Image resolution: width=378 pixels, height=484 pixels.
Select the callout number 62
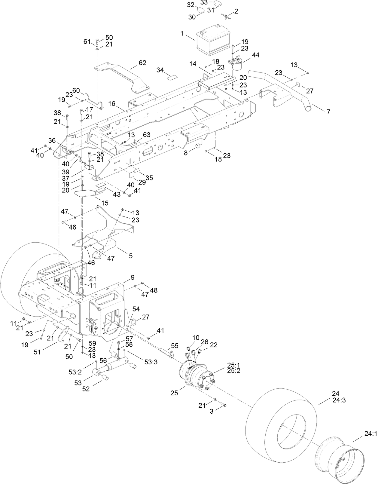(142, 63)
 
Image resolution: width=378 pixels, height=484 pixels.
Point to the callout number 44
(256, 55)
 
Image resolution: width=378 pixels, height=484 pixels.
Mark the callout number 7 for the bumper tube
(328, 112)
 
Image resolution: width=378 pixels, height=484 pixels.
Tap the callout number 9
(133, 277)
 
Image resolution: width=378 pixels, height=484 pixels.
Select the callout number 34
(160, 70)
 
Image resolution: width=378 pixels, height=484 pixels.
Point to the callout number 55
(175, 346)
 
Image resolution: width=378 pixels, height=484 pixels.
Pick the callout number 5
(131, 256)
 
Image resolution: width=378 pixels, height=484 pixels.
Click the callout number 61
(87, 42)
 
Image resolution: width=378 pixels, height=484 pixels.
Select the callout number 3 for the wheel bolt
(212, 411)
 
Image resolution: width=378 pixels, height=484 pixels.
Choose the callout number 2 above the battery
(236, 11)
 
